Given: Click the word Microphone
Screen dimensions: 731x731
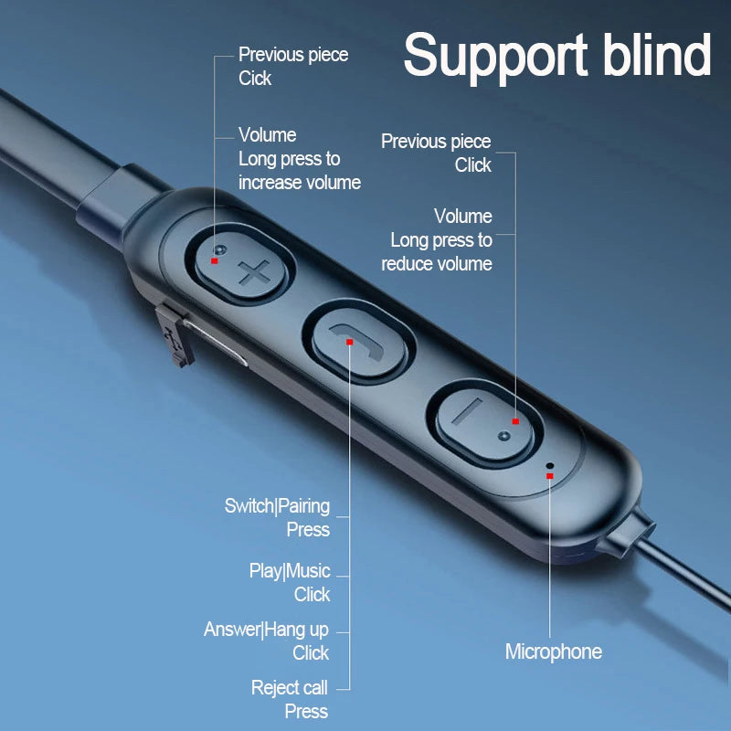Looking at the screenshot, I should tap(553, 652).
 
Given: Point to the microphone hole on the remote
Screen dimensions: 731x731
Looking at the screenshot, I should tap(549, 466).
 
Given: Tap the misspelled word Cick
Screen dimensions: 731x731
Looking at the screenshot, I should tap(255, 79).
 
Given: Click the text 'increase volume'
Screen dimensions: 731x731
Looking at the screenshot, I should tap(300, 183).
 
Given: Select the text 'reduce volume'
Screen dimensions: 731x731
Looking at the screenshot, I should tap(437, 264).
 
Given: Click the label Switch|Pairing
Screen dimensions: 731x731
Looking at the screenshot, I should tap(277, 505).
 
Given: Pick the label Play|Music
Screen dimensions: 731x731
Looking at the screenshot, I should tap(289, 571).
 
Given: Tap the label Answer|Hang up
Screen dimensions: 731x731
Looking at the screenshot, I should tap(266, 630).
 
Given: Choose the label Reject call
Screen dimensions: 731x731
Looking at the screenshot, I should tap(289, 688).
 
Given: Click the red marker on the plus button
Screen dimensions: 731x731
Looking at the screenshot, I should tap(214, 260).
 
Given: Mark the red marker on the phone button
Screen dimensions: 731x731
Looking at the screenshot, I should tap(349, 342).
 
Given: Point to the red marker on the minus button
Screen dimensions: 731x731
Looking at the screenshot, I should tap(515, 421).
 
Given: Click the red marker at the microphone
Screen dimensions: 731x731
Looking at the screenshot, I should tap(549, 475).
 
